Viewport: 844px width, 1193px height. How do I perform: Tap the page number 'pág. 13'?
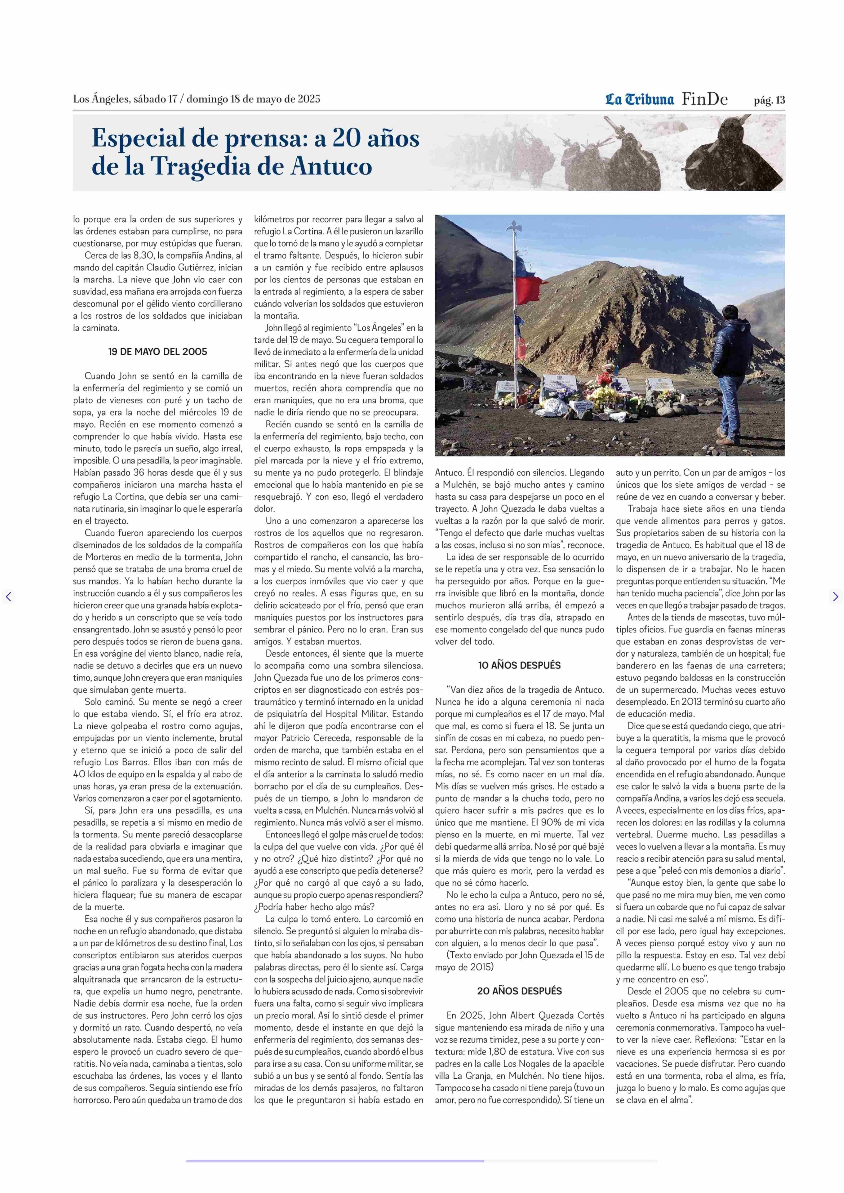[x=769, y=100]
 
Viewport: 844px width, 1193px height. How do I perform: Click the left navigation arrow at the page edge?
[x=8, y=597]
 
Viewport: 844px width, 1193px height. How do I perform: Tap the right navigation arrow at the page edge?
[x=835, y=597]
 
